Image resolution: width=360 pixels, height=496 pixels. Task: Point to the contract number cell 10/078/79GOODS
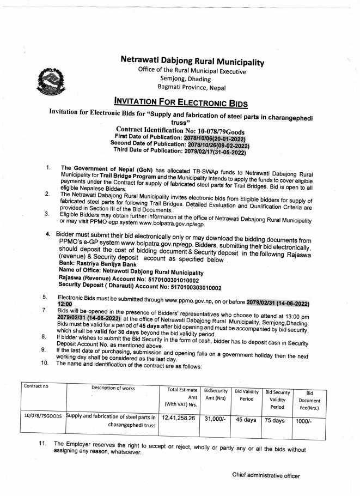43,416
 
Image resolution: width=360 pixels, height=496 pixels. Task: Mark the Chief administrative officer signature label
266,476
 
